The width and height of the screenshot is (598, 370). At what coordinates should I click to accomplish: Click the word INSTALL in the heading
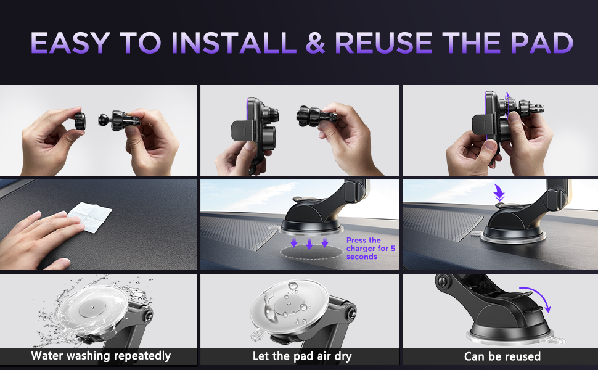tap(234, 43)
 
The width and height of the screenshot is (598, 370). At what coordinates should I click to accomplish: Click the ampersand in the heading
tap(316, 43)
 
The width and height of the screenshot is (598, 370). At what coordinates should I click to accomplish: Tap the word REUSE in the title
tap(383, 43)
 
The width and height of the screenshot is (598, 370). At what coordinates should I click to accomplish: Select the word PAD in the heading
tap(542, 43)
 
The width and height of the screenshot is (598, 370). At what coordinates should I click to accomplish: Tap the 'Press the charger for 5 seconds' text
tap(371, 249)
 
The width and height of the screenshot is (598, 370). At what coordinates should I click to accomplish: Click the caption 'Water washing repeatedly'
tap(101, 355)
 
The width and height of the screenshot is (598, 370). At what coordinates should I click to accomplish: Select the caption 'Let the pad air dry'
tap(302, 356)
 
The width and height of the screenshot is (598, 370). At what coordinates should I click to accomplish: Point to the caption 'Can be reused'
tap(502, 356)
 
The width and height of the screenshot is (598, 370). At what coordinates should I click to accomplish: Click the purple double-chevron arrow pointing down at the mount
tap(499, 192)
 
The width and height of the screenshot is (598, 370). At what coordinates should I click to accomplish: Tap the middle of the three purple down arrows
tap(309, 244)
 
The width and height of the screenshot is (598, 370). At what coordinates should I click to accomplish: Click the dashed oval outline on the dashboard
tap(311, 252)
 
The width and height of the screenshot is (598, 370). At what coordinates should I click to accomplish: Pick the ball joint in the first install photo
tap(103, 120)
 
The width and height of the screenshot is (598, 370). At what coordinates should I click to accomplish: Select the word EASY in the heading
tap(70, 43)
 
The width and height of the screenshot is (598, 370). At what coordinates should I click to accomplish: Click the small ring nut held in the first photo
tap(80, 121)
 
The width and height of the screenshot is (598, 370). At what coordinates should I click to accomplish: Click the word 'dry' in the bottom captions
tap(343, 356)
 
